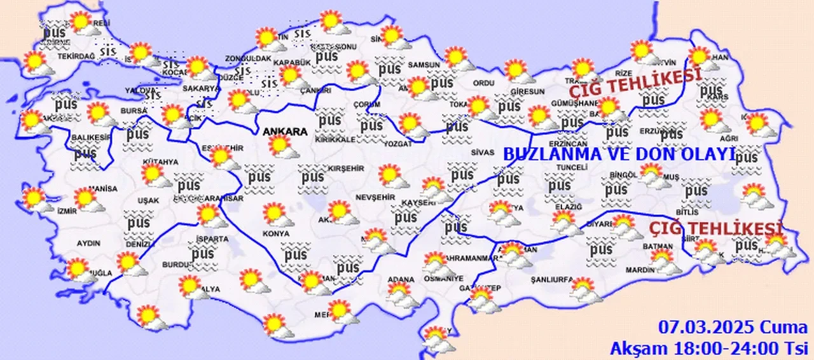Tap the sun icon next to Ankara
(281, 146)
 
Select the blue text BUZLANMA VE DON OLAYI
(619, 155)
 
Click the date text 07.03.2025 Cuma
(733, 328)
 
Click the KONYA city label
(275, 233)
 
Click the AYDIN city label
(88, 243)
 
